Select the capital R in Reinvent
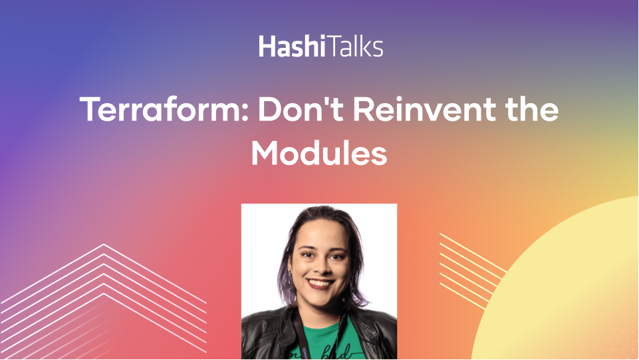[x=363, y=108]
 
